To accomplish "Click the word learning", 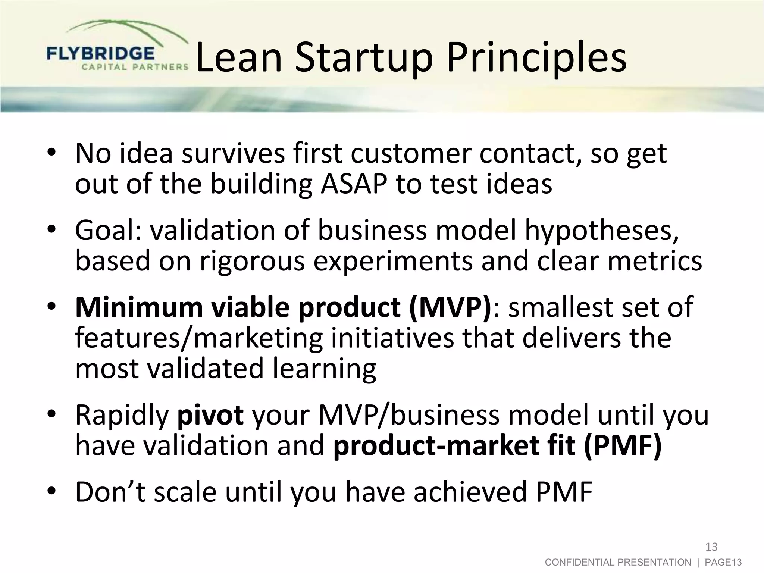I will pos(324,369).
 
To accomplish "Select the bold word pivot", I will pos(210,415).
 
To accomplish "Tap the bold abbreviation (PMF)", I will pos(622,445).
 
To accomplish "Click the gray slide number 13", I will pos(711,547).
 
